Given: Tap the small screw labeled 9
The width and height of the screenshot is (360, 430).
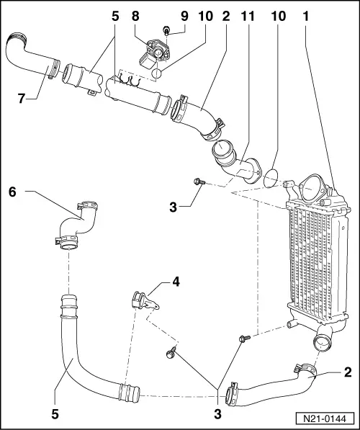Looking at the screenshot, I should click(166, 31).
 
